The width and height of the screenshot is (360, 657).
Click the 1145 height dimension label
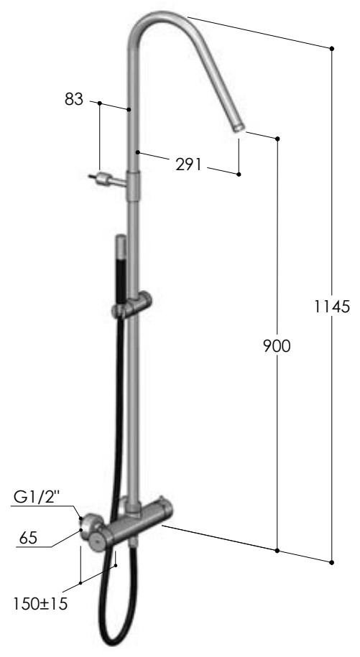pos(332,307)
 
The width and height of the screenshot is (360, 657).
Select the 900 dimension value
pos(277,346)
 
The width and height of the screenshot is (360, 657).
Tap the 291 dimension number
pos(188,164)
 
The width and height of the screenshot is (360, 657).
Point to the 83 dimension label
pos(74,99)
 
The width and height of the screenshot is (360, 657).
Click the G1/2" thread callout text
pos(37,497)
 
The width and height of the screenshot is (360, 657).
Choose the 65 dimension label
pos(28,538)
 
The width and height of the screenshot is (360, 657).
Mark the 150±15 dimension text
pos(40,604)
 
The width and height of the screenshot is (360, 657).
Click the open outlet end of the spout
pos(239,127)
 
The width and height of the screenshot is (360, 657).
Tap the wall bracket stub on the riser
pos(107,180)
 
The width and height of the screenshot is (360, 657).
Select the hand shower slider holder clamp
pos(131,305)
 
